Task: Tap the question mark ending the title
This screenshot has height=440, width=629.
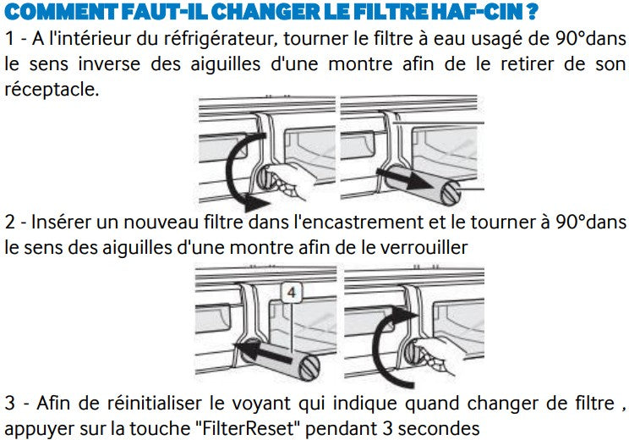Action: pos(533,11)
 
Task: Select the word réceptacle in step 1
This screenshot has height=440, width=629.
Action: pos(52,90)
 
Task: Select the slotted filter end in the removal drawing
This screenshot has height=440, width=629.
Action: pos(451,193)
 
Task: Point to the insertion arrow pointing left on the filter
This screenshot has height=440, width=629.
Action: pos(263,350)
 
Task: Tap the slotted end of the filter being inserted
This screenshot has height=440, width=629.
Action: pos(309,368)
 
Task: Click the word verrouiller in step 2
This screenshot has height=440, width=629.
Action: pos(424,247)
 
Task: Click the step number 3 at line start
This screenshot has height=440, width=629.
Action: pos(10,404)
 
